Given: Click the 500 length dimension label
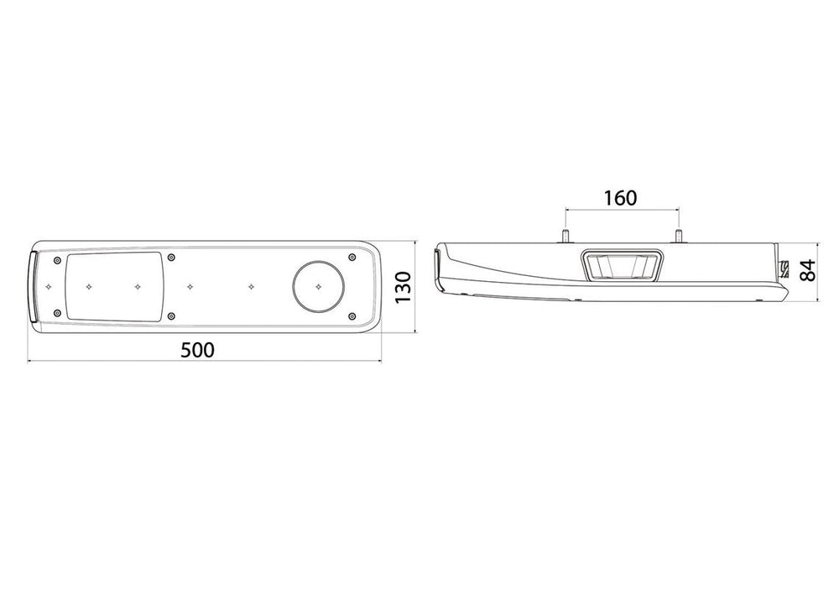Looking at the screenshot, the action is [197, 351].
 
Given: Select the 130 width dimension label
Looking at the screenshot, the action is [403, 287].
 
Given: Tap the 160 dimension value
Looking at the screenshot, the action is [621, 199].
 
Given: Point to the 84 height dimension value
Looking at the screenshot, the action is [807, 269].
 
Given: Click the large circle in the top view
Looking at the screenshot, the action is [318, 287].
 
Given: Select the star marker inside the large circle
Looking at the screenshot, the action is [318, 287].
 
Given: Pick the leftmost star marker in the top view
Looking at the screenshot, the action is [49, 287].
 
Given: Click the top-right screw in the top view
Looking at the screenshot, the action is [352, 258].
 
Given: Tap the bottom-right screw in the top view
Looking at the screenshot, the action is [351, 316].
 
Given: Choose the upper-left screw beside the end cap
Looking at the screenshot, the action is [57, 261].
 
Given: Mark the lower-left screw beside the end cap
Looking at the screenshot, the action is [57, 312].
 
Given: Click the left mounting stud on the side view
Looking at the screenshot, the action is [565, 236].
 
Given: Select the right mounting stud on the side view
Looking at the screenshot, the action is [679, 236].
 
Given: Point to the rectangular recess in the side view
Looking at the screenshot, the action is [621, 265].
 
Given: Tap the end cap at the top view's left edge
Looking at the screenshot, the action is [34, 287].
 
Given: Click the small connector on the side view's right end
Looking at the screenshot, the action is [784, 268].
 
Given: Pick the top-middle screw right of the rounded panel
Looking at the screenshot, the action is [171, 258].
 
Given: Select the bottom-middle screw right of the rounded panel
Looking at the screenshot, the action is [170, 316].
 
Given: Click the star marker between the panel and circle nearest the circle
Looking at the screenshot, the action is [251, 287].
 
